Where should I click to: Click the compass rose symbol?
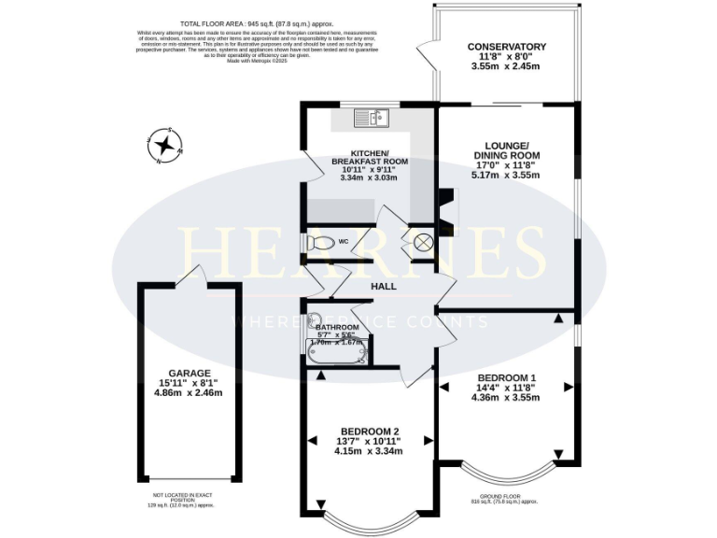[x=165, y=145]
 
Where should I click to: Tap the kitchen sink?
[x=371, y=119]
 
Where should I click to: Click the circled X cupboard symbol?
[x=422, y=243]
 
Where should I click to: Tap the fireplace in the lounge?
[x=448, y=203]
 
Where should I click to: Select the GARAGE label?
[x=190, y=373]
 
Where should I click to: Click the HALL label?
[x=386, y=286]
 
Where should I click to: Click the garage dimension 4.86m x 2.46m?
[x=190, y=393]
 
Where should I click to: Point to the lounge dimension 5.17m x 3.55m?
[x=505, y=175]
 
